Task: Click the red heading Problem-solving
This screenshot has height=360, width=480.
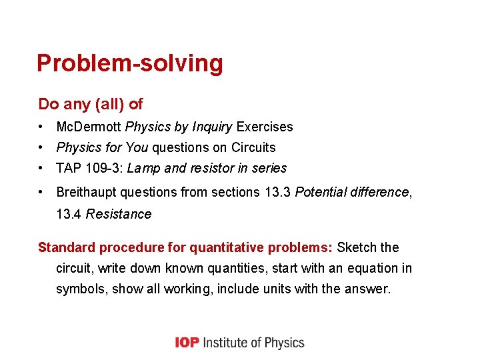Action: tap(130, 63)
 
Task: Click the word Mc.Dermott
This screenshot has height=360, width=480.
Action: tap(89, 127)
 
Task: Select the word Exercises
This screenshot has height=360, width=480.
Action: tap(265, 127)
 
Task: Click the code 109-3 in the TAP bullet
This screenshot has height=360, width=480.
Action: tap(103, 168)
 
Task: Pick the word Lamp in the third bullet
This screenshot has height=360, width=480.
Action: tap(142, 168)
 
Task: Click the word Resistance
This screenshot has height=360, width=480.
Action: tap(119, 214)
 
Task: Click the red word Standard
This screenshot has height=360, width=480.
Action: tap(67, 248)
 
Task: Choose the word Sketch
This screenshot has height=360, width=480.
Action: tap(357, 248)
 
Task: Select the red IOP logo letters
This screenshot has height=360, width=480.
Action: tap(187, 343)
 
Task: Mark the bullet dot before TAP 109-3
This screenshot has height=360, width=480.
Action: tap(42, 168)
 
